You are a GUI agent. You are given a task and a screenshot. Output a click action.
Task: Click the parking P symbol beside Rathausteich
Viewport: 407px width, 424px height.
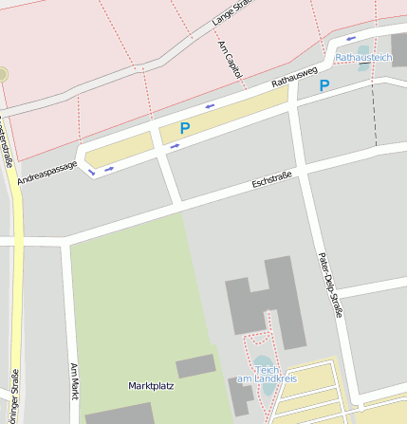point(324,86)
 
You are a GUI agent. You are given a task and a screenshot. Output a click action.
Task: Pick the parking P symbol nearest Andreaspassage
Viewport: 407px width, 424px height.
point(185,127)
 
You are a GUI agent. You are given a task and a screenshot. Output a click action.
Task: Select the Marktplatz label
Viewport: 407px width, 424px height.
point(151,386)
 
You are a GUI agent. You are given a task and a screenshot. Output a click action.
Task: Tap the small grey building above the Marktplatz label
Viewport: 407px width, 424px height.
point(195,366)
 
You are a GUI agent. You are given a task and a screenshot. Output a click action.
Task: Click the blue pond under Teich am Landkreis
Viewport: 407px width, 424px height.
point(262,364)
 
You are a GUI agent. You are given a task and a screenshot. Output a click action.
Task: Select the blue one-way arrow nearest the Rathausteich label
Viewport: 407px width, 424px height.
point(351,39)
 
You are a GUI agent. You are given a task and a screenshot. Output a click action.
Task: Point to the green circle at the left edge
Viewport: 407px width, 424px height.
point(2,74)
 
